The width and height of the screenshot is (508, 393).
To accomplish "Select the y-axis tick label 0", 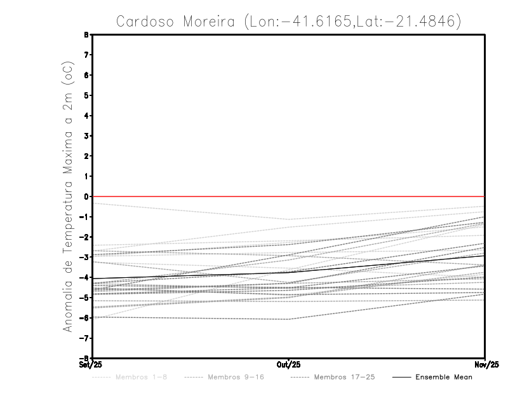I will pyautogui.click(x=87, y=197).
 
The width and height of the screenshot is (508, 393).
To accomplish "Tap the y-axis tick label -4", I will pyautogui.click(x=85, y=277).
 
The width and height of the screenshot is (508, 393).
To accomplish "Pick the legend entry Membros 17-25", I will pyautogui.click(x=344, y=378).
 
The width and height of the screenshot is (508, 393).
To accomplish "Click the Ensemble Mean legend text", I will pyautogui.click(x=444, y=378).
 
